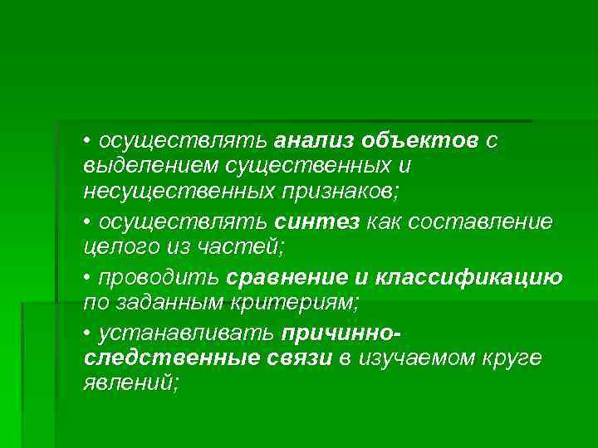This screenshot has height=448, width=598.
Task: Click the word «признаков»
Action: (x=338, y=192)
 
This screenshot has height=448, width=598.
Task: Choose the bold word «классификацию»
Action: (x=468, y=277)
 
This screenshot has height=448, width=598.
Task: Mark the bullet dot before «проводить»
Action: (x=88, y=278)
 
